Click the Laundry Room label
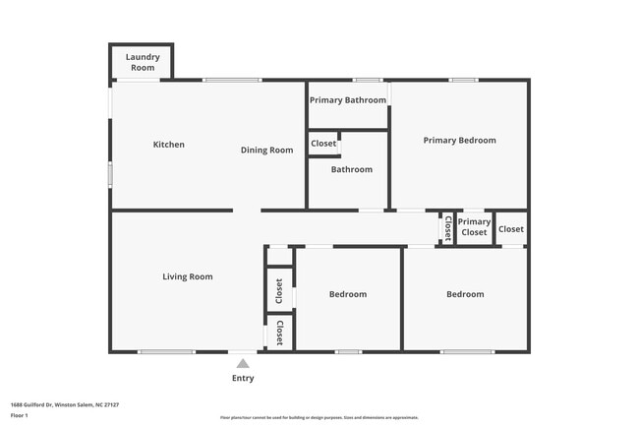pyautogui.click(x=143, y=62)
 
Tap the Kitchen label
pyautogui.click(x=168, y=145)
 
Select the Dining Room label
pyautogui.click(x=267, y=150)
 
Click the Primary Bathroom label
pyautogui.click(x=348, y=99)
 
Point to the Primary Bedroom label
pyautogui.click(x=459, y=140)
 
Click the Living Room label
pyautogui.click(x=187, y=276)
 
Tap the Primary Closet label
pyautogui.click(x=474, y=227)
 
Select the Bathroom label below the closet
pyautogui.click(x=351, y=169)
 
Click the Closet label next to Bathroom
pyautogui.click(x=323, y=144)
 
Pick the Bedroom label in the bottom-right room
pyautogui.click(x=465, y=294)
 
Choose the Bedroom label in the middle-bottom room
pyautogui.click(x=347, y=294)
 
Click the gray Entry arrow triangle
pyautogui.click(x=243, y=363)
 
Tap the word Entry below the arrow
pyautogui.click(x=243, y=378)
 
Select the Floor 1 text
pyautogui.click(x=20, y=416)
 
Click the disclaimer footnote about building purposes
pyautogui.click(x=319, y=417)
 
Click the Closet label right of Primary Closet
pyautogui.click(x=511, y=229)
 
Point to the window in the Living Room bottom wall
pyautogui.click(x=165, y=351)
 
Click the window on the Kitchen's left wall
pyautogui.click(x=110, y=174)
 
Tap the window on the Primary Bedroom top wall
pyautogui.click(x=463, y=80)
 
